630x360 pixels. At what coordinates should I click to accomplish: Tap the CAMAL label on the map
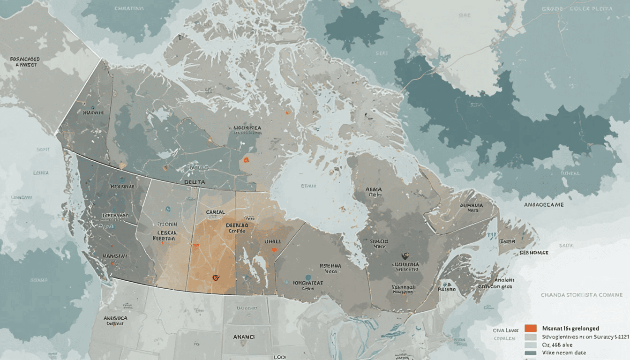tap(216, 212)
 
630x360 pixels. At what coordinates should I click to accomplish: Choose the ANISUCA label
tap(116, 317)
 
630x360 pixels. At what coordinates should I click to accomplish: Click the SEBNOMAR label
tap(533, 252)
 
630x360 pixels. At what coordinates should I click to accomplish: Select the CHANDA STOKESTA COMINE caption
tap(582, 295)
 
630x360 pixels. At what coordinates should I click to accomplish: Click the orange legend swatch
tap(531, 328)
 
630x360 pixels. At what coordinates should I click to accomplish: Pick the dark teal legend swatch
tap(531, 352)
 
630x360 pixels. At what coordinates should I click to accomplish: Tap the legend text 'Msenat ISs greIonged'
tap(570, 328)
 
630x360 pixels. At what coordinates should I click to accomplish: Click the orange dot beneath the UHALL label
tap(274, 249)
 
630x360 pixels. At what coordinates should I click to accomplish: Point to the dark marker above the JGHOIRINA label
tap(404, 256)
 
